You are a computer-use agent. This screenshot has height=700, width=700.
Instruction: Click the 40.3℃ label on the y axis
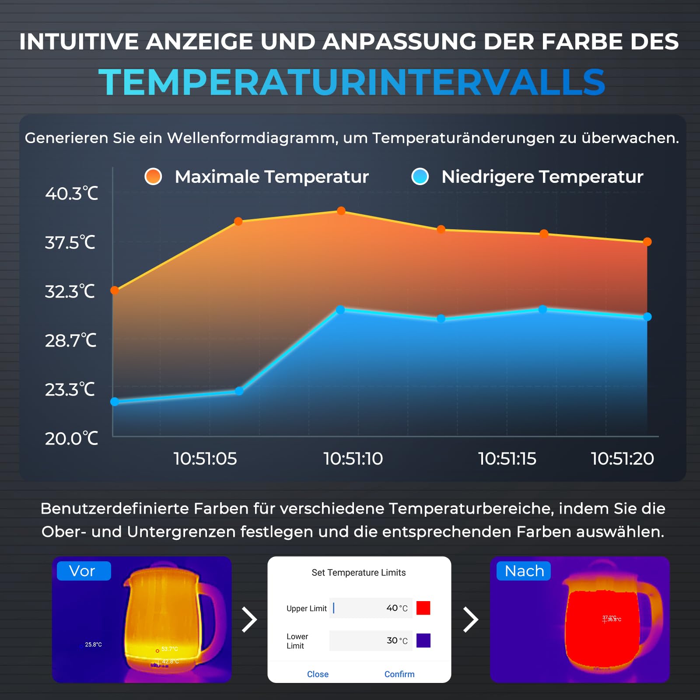click(x=72, y=193)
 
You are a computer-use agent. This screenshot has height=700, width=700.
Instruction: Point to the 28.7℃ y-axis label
click(x=71, y=340)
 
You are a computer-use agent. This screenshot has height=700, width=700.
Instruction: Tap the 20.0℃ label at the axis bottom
click(x=72, y=438)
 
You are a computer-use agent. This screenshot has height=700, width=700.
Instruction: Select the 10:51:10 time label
click(x=353, y=458)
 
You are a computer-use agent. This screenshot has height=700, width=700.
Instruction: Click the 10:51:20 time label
click(x=622, y=458)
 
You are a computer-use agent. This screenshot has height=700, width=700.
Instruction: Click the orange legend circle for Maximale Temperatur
click(x=153, y=176)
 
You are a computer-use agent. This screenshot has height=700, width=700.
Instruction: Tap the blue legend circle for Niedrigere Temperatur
click(x=420, y=176)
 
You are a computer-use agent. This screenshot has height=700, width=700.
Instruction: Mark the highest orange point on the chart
click(x=341, y=211)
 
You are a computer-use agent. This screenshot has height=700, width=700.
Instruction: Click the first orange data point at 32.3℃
click(x=115, y=290)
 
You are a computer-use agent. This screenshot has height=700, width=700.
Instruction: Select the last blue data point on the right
click(x=647, y=317)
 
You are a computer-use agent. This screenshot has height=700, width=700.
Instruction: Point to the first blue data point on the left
click(x=115, y=402)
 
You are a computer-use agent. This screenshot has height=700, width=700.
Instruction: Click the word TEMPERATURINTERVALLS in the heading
click(x=352, y=82)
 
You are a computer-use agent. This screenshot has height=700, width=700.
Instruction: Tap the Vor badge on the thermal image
click(x=83, y=571)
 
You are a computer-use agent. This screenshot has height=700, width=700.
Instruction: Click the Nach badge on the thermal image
click(x=524, y=571)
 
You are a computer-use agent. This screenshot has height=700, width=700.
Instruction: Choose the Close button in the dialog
click(x=318, y=674)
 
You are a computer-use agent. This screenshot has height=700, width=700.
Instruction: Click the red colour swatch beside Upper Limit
click(x=423, y=608)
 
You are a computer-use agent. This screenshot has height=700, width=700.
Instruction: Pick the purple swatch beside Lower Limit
click(x=423, y=640)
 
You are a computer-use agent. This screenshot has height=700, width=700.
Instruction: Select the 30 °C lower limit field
click(x=371, y=640)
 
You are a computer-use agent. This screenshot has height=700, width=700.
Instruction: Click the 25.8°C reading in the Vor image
click(x=93, y=644)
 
